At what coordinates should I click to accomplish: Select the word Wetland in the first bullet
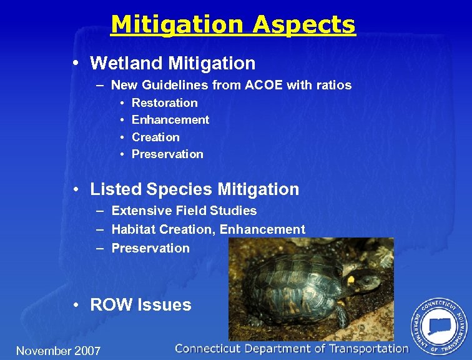click(122, 63)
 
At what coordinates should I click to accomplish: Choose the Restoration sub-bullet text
click(164, 103)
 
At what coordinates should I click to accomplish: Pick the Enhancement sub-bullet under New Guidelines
click(170, 120)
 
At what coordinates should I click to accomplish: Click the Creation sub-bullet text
click(155, 137)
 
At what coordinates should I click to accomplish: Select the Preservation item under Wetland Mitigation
click(167, 154)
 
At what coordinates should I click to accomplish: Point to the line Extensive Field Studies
click(184, 211)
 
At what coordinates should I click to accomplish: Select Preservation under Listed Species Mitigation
click(150, 248)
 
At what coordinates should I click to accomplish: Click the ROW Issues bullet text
click(140, 305)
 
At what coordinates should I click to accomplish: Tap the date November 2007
click(58, 351)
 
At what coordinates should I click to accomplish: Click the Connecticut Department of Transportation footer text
click(292, 349)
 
